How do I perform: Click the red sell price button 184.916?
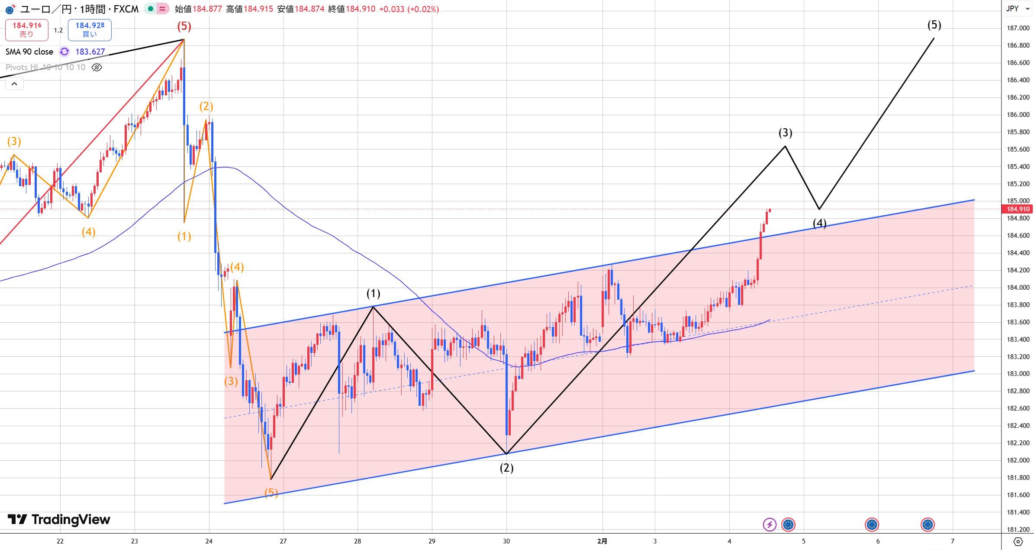[x=27, y=29]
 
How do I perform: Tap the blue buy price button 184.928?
[x=90, y=29]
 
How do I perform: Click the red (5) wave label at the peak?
[x=184, y=26]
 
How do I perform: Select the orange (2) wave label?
[x=206, y=106]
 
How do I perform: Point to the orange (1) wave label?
[x=184, y=236]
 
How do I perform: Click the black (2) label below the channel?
[x=506, y=468]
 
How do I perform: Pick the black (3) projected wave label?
[x=785, y=133]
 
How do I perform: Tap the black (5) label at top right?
[x=934, y=25]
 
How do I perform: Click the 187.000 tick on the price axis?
[x=1018, y=28]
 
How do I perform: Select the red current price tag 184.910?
[x=1018, y=209]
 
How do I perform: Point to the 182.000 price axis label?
[x=1018, y=460]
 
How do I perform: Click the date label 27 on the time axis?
[x=283, y=541]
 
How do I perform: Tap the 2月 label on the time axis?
[x=602, y=541]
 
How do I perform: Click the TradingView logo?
[x=59, y=519]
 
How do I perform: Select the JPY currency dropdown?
[x=1017, y=9]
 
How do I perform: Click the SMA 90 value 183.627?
[x=90, y=52]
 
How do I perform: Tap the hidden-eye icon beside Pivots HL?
[x=97, y=67]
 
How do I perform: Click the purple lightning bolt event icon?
[x=769, y=524]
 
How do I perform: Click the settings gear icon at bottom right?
[x=1018, y=541]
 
